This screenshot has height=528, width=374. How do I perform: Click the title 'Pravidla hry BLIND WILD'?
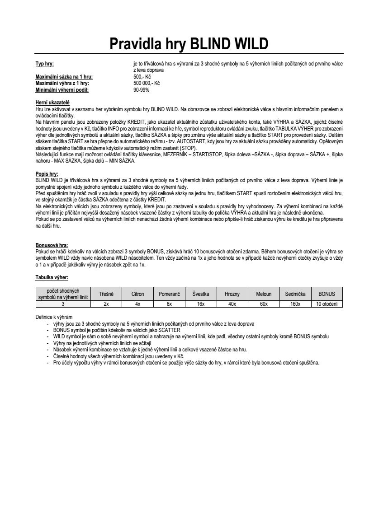(189, 44)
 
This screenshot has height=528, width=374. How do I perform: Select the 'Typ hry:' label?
(45, 64)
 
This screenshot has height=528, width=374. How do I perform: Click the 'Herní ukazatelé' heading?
(52, 103)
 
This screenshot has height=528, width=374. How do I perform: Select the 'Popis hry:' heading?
(47, 174)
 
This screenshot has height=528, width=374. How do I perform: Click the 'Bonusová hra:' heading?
(52, 245)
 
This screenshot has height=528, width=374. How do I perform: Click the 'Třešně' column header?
(106, 294)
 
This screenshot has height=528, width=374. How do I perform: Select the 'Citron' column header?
(137, 294)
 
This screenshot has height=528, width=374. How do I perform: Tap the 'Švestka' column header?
(201, 294)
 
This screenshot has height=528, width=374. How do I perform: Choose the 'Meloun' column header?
(264, 294)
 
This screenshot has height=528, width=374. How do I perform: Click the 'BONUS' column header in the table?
(327, 294)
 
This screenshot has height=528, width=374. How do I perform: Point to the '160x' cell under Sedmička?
(295, 304)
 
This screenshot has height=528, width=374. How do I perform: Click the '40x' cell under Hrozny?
(232, 304)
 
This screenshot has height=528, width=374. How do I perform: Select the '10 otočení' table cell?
(327, 304)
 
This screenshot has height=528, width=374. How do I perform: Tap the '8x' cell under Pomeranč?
(169, 304)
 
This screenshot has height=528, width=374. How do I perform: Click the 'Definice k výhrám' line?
(54, 317)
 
